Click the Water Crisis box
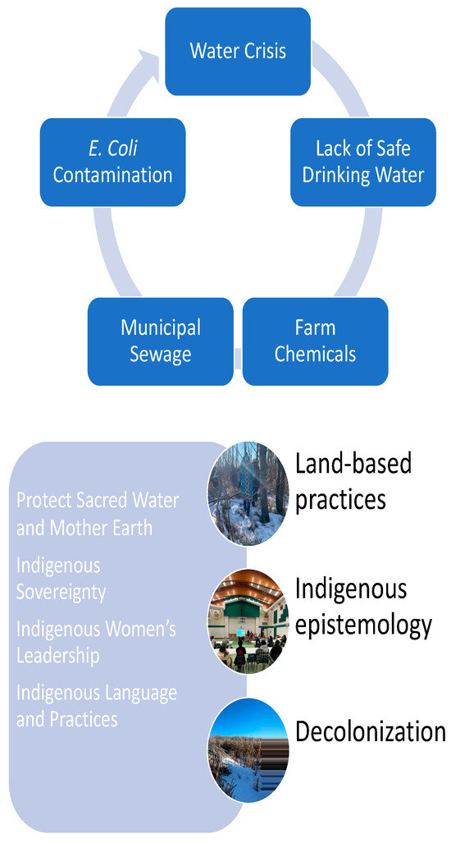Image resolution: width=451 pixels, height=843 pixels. pos(238,51)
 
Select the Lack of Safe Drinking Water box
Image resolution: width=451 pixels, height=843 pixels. pos(362,162)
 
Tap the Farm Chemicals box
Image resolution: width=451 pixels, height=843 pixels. pos(315,341)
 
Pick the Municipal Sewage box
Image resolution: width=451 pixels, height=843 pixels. pos(160,341)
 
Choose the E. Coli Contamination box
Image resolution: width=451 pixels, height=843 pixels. pos(113,162)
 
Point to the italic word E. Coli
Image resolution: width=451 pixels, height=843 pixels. pos(113,149)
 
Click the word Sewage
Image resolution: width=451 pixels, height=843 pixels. pos(160,355)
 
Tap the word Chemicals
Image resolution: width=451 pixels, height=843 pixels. pos(315,355)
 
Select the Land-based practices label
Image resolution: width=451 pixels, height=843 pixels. pos(353,480)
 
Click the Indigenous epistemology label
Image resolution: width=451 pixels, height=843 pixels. pos(362,607)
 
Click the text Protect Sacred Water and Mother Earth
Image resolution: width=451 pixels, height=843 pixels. pos(97,513)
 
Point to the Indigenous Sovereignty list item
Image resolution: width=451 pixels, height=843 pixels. pos(61,578)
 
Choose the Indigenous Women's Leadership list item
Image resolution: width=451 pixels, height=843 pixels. pos(95,643)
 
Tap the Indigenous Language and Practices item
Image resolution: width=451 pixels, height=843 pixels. pos(96,706)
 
